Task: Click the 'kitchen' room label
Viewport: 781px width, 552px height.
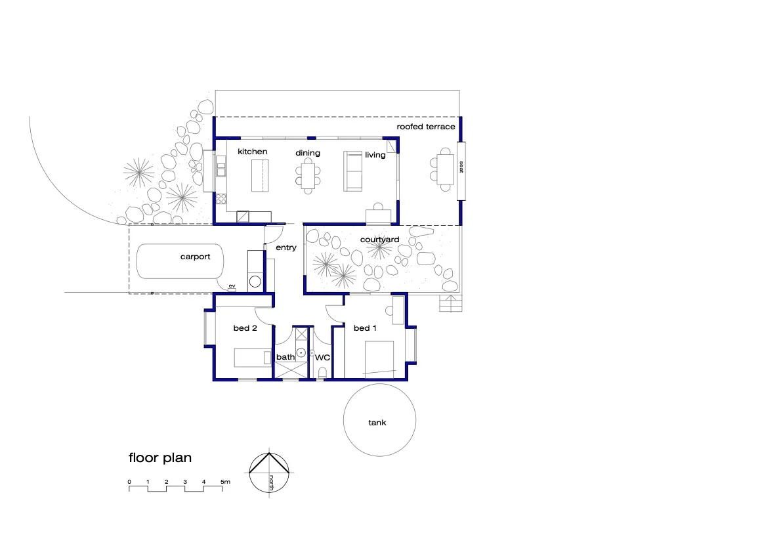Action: pos(252,152)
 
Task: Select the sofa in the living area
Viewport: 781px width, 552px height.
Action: pos(354,171)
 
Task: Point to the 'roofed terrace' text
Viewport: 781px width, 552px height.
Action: pos(425,127)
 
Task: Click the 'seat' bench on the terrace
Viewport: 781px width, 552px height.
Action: pos(461,170)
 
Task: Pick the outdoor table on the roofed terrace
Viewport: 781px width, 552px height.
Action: pos(446,169)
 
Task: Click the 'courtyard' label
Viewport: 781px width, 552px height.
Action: pos(379,240)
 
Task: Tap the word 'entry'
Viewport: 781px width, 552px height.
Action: pos(286,248)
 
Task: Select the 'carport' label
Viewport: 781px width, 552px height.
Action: pos(196,257)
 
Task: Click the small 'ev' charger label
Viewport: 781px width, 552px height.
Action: pos(232,286)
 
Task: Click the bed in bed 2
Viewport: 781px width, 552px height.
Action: pos(253,358)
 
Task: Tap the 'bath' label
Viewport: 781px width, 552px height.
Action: pos(285,357)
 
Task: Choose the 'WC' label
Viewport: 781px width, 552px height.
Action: pos(322,358)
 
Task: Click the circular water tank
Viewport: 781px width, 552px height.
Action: pos(379,420)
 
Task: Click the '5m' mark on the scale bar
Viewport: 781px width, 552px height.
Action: pos(225,482)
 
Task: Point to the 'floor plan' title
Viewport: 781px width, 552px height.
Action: pos(160,457)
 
